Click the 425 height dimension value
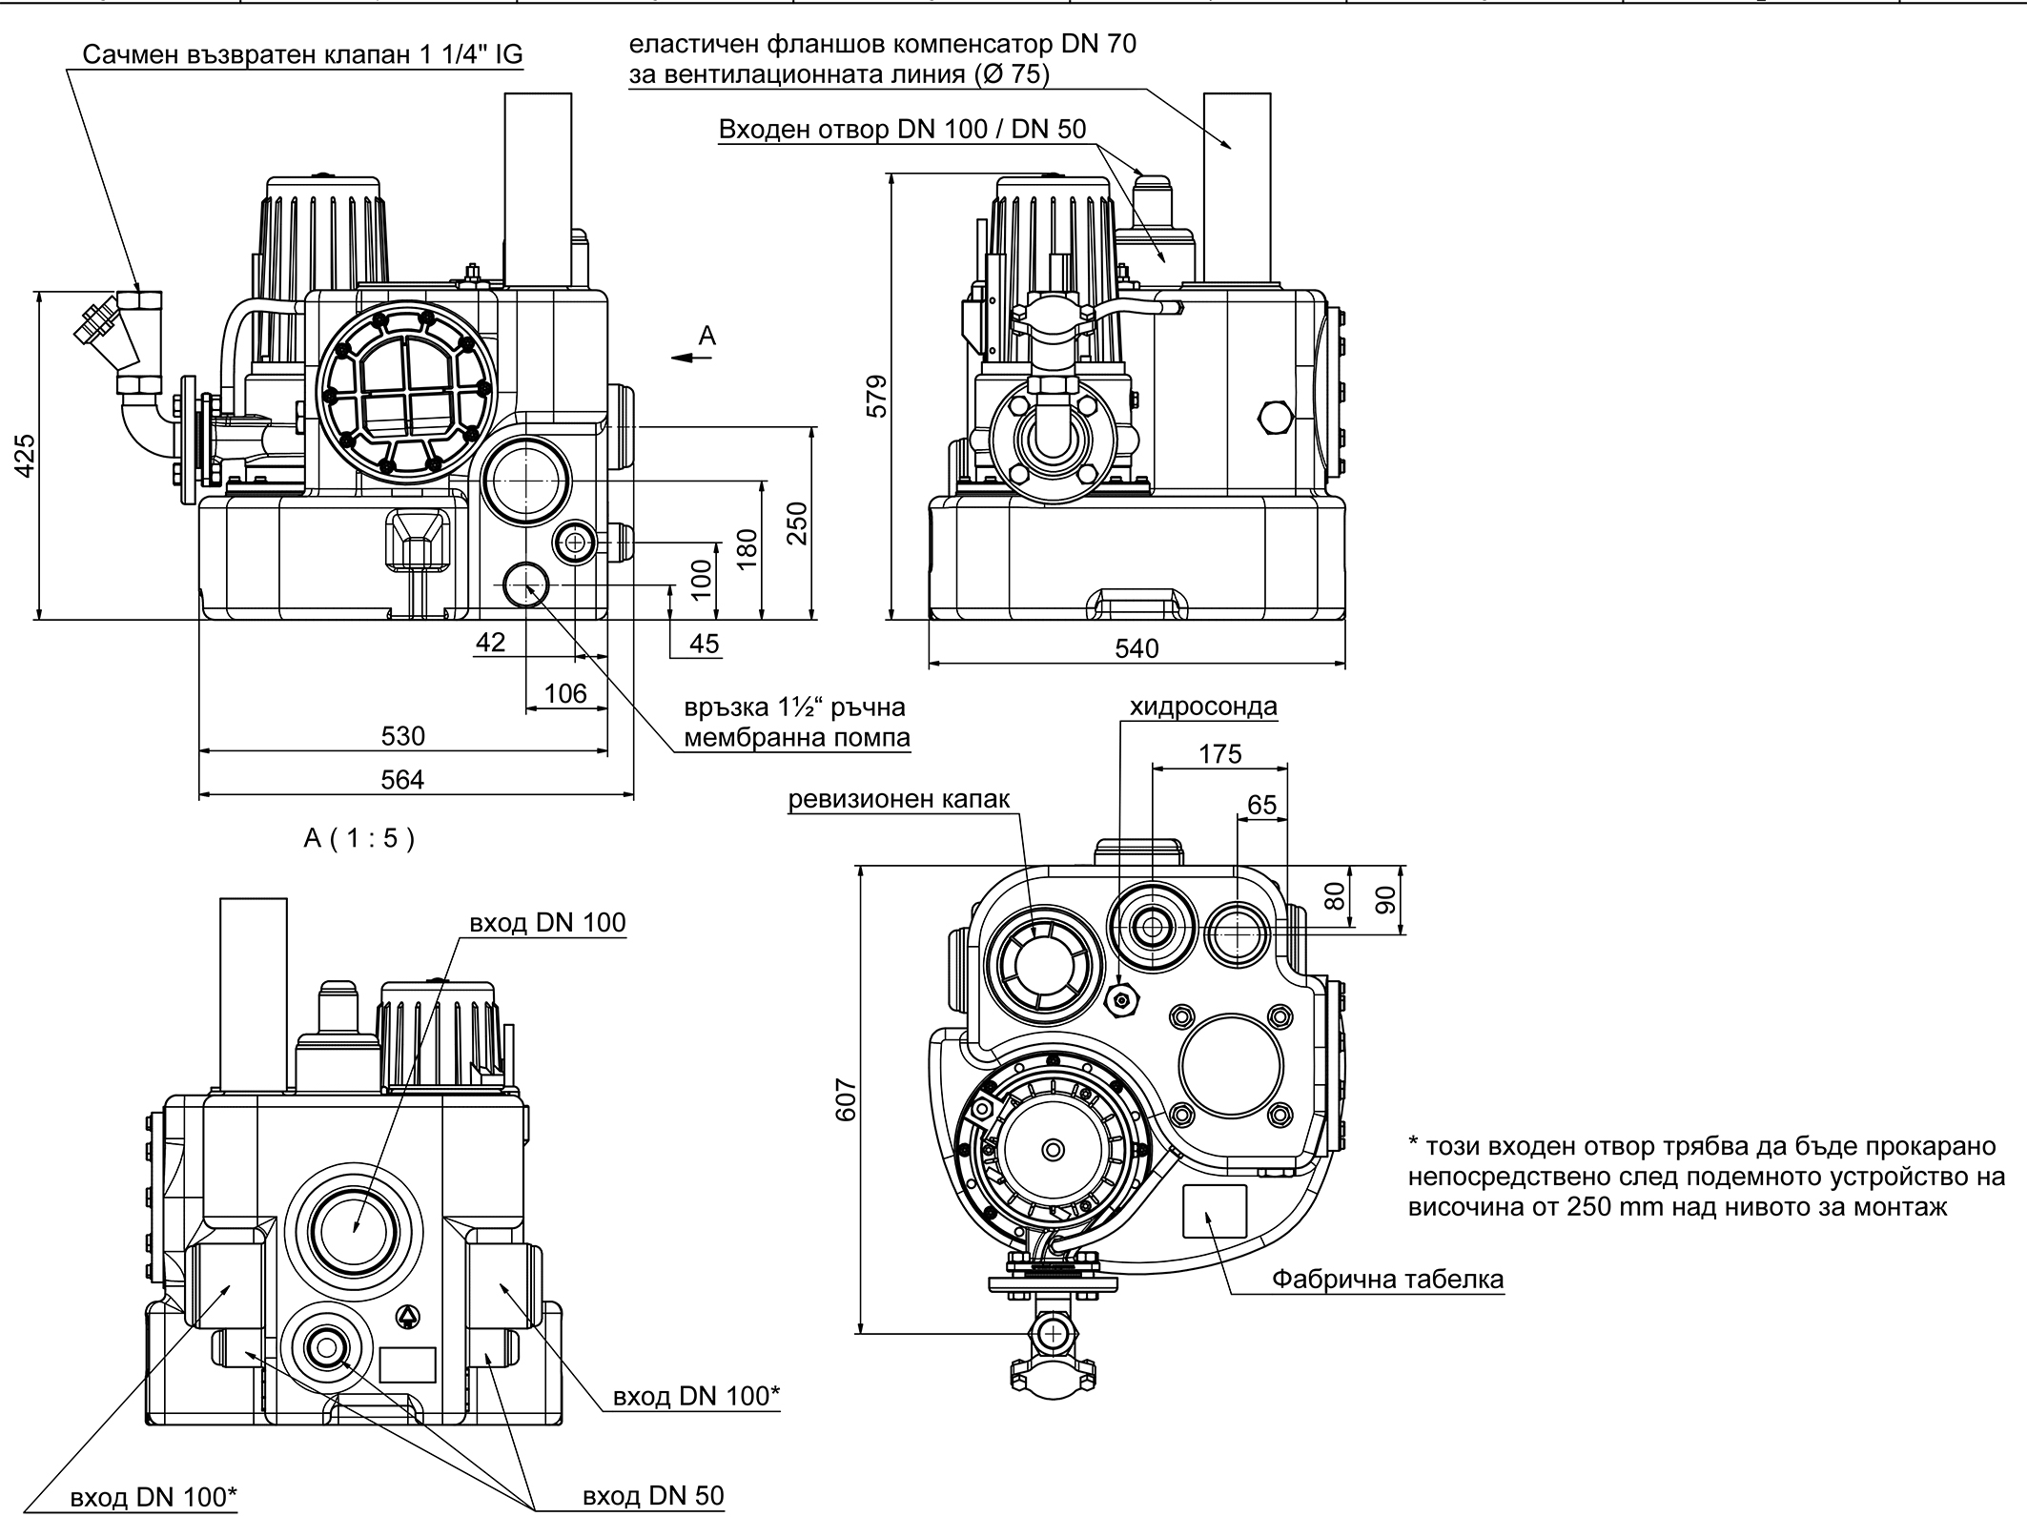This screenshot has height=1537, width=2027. coord(26,455)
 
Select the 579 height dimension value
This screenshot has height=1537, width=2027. coord(877,396)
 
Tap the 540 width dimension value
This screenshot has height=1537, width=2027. coord(1136,649)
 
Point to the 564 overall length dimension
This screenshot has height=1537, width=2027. coord(401,780)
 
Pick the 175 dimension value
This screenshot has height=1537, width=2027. coord(1219,754)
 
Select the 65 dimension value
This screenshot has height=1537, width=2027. coord(1261,805)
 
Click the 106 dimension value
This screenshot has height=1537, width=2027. coord(565,693)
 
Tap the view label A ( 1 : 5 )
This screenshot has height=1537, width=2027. coord(359,838)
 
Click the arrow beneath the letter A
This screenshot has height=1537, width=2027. coord(692,358)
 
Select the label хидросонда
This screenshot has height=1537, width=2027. coord(1203,707)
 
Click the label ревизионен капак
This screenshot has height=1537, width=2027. coord(898,799)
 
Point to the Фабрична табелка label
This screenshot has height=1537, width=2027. coord(1387,1279)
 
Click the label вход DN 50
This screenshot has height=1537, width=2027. coord(653,1496)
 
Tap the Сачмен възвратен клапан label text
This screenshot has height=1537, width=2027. coord(302,54)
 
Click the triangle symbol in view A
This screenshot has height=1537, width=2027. coord(408,1317)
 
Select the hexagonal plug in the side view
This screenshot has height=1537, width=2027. coord(1275,419)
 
